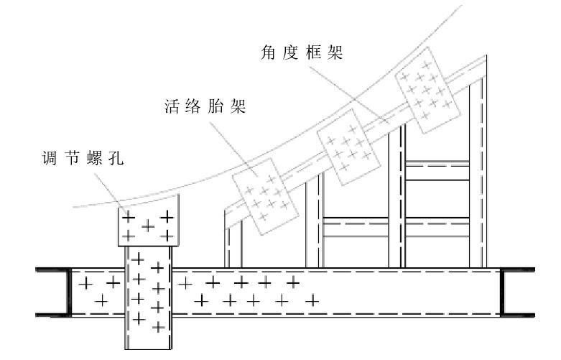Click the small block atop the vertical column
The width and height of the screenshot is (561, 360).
[x=147, y=225]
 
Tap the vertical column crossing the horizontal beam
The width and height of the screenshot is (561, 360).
[x=148, y=295]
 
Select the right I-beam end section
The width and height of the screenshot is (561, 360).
[x=517, y=292]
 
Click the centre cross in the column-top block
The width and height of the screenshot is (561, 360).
[x=148, y=226]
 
